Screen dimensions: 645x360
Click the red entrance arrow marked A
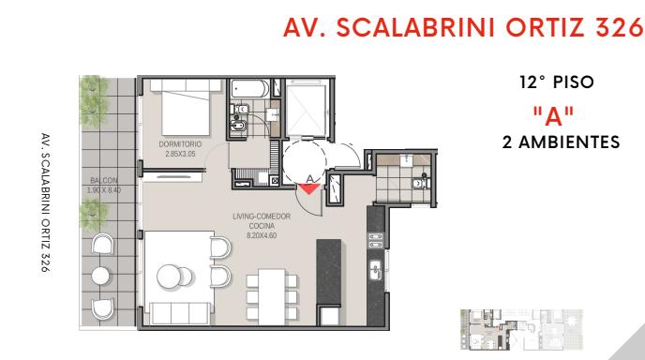point(309,188)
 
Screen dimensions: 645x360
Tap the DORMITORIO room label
point(180,144)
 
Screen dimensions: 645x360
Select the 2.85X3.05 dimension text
point(180,154)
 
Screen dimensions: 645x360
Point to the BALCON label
point(104,180)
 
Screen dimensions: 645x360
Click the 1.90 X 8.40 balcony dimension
point(104,190)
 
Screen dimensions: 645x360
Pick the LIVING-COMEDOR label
point(262,216)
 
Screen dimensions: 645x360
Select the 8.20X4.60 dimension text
point(262,235)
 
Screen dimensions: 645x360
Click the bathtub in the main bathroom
point(250,89)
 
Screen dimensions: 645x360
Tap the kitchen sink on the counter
point(376,270)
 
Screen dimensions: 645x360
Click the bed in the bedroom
point(186,108)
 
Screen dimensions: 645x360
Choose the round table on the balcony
point(100,276)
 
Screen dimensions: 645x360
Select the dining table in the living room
point(272,296)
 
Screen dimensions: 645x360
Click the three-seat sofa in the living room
point(180,313)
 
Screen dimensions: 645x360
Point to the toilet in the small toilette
point(420,182)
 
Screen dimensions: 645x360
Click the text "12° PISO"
point(557,82)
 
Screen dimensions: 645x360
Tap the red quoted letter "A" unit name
point(553,116)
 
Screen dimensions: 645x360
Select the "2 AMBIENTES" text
point(561,142)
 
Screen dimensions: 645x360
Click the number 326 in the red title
point(619,28)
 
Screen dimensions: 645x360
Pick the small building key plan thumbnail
point(521,330)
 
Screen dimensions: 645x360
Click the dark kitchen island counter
point(329,273)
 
